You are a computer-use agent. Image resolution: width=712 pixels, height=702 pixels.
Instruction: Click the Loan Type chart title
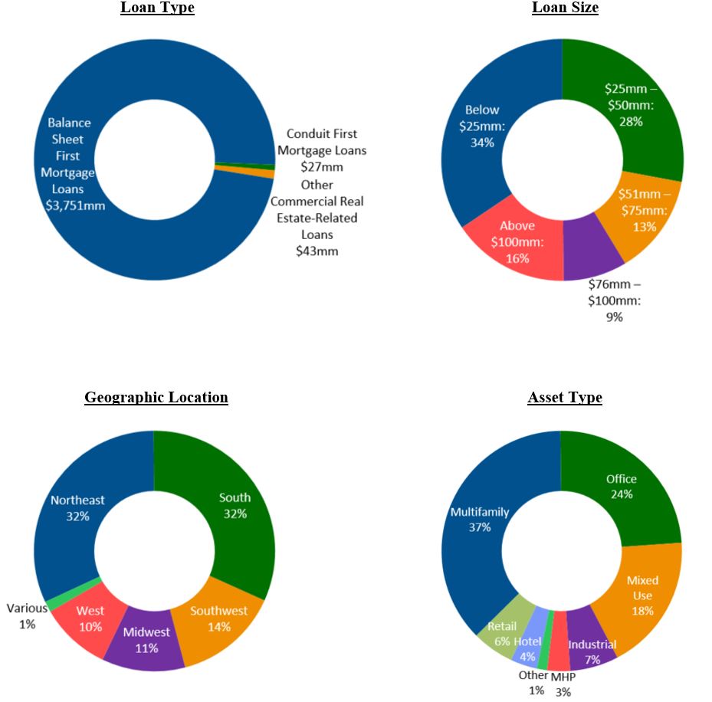[x=157, y=8]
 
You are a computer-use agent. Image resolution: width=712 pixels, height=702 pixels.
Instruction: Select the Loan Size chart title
[x=565, y=8]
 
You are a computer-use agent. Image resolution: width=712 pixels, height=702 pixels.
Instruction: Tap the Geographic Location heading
[x=156, y=398]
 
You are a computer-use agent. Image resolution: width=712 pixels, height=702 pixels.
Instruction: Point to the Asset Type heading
[x=565, y=398]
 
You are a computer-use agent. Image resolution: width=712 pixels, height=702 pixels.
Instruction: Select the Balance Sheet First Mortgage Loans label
[x=70, y=164]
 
